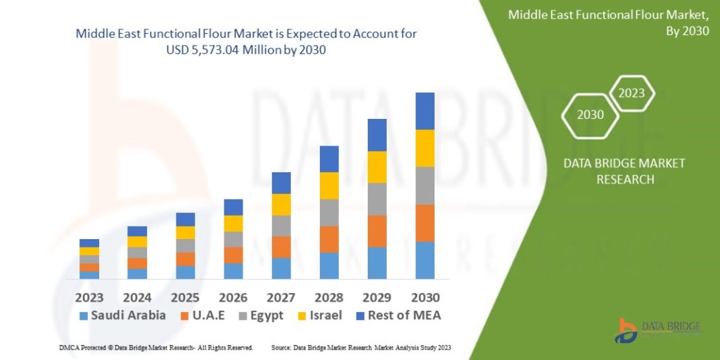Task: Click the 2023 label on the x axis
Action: (89, 297)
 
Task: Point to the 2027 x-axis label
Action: (281, 297)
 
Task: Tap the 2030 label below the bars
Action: (425, 297)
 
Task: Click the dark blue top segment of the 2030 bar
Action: (425, 111)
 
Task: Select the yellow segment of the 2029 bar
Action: (377, 167)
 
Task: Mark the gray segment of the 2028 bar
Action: (329, 212)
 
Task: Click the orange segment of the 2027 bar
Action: (281, 247)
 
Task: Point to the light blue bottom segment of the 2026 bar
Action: (233, 271)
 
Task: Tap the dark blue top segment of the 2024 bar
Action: (137, 231)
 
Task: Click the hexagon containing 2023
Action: (631, 94)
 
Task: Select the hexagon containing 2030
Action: (591, 115)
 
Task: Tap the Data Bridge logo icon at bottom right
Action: (626, 330)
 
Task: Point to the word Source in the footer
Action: (281, 348)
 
